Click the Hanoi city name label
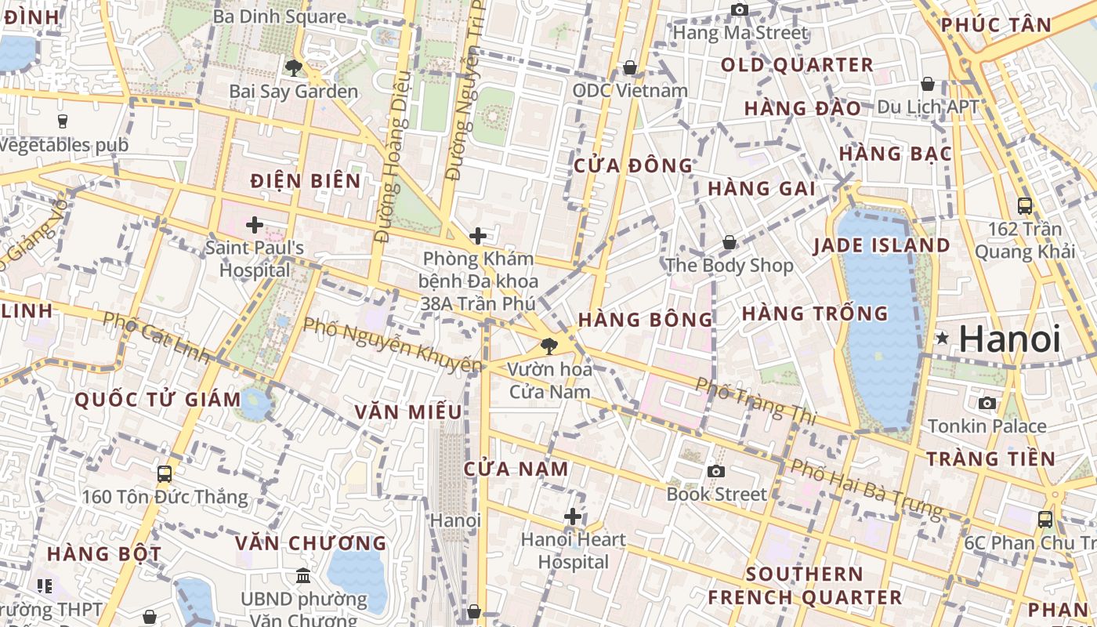1009,339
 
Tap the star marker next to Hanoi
942,338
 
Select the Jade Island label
881,245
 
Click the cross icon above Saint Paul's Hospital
254,226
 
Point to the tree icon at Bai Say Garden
294,68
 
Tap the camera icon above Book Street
715,471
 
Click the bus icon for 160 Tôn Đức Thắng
165,473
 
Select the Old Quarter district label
797,65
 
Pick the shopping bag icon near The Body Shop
729,243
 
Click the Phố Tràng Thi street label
755,401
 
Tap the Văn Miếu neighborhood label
407,412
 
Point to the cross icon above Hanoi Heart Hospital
573,516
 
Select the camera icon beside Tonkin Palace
987,403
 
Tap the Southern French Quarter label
804,585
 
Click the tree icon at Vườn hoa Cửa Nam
549,345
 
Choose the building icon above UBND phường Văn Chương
303,576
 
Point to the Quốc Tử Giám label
157,400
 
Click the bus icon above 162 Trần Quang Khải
1024,206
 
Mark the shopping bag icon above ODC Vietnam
629,68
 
